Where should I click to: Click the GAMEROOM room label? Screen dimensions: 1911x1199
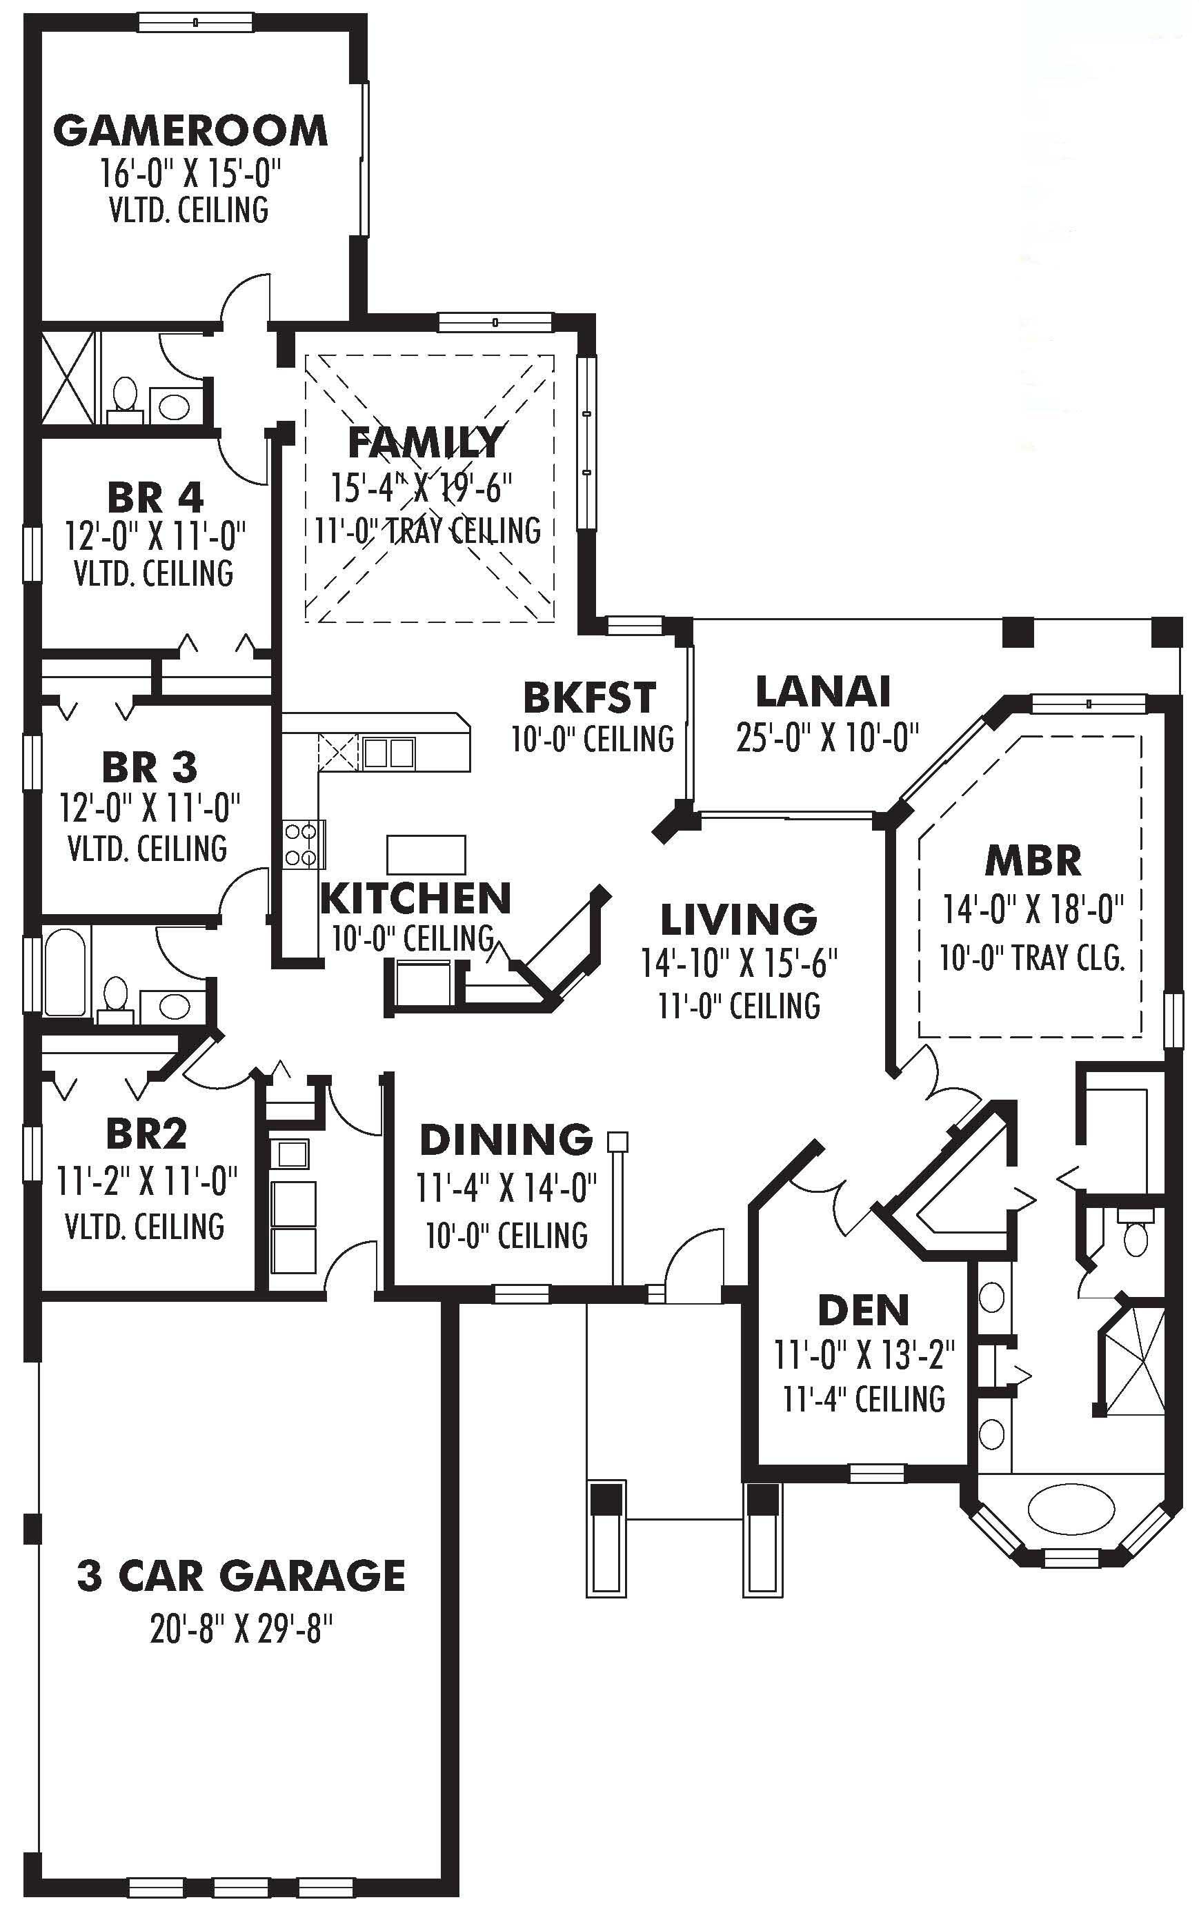pos(190,131)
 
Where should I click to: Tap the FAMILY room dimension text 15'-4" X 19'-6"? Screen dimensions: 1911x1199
pos(421,488)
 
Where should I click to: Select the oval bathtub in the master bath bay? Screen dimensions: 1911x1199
pos(1071,1504)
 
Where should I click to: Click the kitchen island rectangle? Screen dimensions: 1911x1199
pos(426,854)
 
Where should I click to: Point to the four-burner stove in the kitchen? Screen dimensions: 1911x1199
pos(304,843)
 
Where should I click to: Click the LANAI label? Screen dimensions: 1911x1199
pos(823,691)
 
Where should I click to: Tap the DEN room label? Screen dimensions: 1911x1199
pos(864,1311)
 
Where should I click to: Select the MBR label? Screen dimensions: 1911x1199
pos(1033,861)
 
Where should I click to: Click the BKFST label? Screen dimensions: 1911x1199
pos(589,697)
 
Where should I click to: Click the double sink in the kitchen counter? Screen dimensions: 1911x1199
pos(388,752)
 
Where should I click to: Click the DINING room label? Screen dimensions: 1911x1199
pos(506,1140)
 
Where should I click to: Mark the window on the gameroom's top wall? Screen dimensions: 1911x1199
pos(195,22)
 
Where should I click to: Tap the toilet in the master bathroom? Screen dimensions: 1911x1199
pos(1136,1238)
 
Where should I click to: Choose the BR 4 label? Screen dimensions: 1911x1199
pos(155,498)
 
